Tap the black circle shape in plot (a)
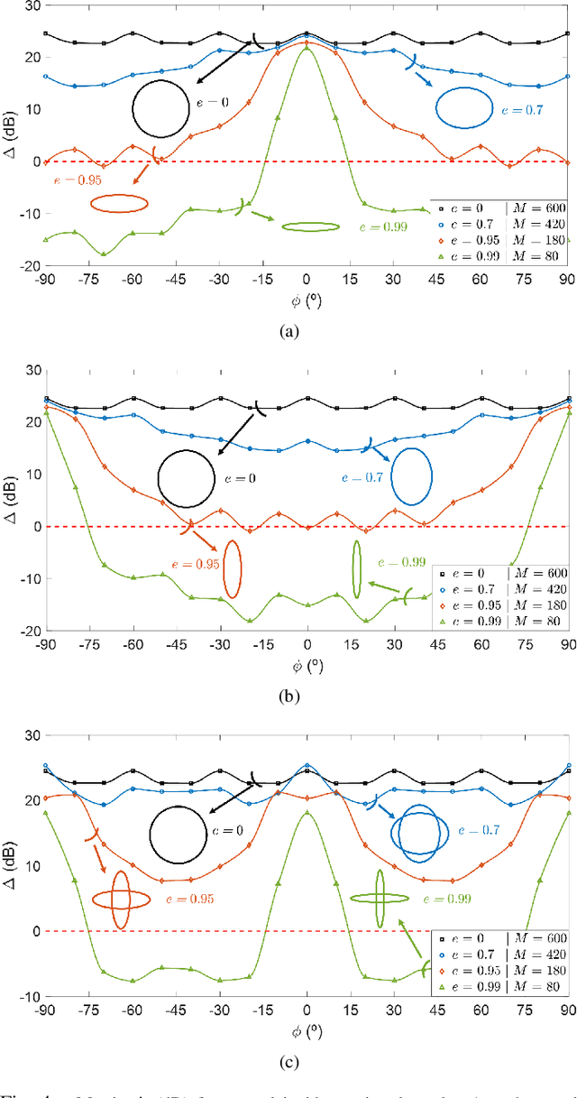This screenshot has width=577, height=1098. pos(159,108)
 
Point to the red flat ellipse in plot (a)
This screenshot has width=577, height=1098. pos(119,204)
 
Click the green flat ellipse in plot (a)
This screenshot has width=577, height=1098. pos(311,226)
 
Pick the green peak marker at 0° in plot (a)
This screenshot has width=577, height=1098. pos(307,48)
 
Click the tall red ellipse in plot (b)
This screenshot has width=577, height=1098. pos(232,568)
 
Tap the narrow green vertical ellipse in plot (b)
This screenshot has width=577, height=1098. pos(357,569)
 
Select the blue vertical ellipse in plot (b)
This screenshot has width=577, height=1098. pos(412,475)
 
